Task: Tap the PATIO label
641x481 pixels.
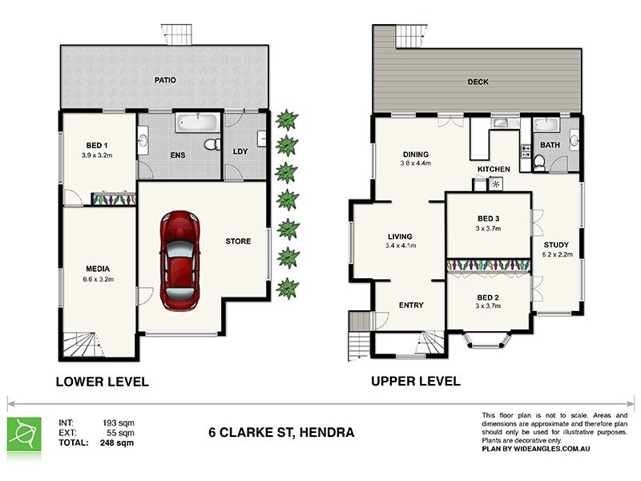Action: pyautogui.click(x=166, y=80)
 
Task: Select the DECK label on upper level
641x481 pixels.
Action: pyautogui.click(x=478, y=82)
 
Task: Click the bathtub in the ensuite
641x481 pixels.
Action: pyautogui.click(x=196, y=123)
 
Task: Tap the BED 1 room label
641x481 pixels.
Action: pyautogui.click(x=94, y=145)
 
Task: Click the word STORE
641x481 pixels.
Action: pyautogui.click(x=238, y=241)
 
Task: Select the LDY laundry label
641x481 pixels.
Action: pyautogui.click(x=240, y=151)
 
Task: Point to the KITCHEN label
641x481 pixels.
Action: pyautogui.click(x=494, y=170)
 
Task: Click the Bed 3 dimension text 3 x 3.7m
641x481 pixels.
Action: pyautogui.click(x=488, y=228)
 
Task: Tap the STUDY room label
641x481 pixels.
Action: pyautogui.click(x=556, y=245)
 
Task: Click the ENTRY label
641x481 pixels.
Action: pyautogui.click(x=410, y=305)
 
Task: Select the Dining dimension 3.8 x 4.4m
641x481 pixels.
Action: pyautogui.click(x=415, y=164)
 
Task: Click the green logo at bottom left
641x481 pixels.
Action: pyautogui.click(x=24, y=434)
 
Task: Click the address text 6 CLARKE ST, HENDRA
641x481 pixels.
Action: pyautogui.click(x=280, y=434)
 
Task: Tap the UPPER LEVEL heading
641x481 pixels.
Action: pyautogui.click(x=415, y=381)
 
